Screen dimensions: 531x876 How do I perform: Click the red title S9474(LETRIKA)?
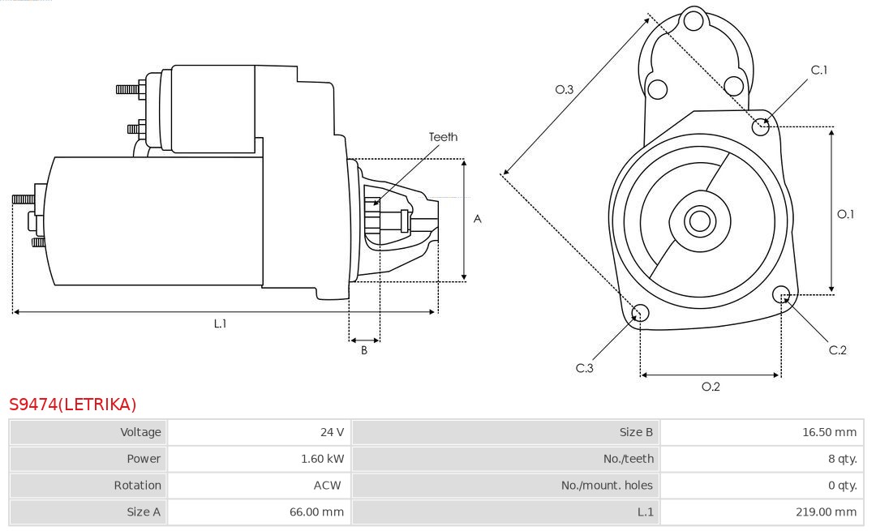73,405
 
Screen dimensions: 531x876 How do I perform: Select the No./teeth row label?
628,459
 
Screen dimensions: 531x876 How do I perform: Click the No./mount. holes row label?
607,486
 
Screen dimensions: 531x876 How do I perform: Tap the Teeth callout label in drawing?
443,137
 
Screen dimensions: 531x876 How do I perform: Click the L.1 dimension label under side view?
220,323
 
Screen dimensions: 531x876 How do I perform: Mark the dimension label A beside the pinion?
478,219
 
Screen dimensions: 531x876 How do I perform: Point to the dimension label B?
364,350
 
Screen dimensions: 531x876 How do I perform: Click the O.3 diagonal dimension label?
565,90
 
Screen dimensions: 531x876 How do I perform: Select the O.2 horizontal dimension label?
711,387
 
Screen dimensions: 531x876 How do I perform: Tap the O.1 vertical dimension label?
846,214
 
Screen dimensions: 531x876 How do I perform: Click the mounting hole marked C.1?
761,126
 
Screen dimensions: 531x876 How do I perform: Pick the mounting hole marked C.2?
782,293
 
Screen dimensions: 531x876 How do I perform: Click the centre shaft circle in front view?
698,221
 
